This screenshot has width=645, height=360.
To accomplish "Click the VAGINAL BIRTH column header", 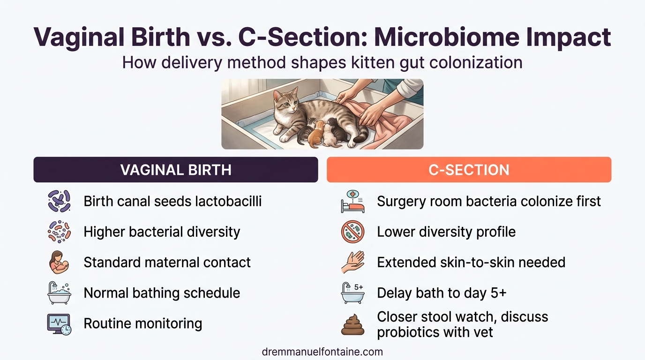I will pos(176,170).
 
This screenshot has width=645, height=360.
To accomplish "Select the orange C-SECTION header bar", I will pos(469,170).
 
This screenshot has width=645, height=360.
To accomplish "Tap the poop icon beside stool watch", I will pos(352,324).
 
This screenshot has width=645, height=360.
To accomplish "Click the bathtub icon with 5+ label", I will pos(352,293).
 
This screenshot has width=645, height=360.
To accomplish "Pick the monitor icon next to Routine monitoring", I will pos(59,324).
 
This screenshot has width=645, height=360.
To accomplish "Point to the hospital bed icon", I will pos(352,202).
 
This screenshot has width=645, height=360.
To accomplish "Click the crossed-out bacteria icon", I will pos(352,232).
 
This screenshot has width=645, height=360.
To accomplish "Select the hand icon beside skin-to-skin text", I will pos(352,262).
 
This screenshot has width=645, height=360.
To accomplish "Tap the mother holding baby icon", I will pos(59,262).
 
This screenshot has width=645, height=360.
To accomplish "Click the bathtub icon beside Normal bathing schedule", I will pos(59,293).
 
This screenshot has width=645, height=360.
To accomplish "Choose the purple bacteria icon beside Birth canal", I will pos(59,202).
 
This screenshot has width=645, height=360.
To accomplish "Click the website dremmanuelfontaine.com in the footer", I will pos(322,352).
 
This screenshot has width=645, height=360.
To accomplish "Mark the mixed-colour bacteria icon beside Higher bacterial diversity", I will pos(59,232).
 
